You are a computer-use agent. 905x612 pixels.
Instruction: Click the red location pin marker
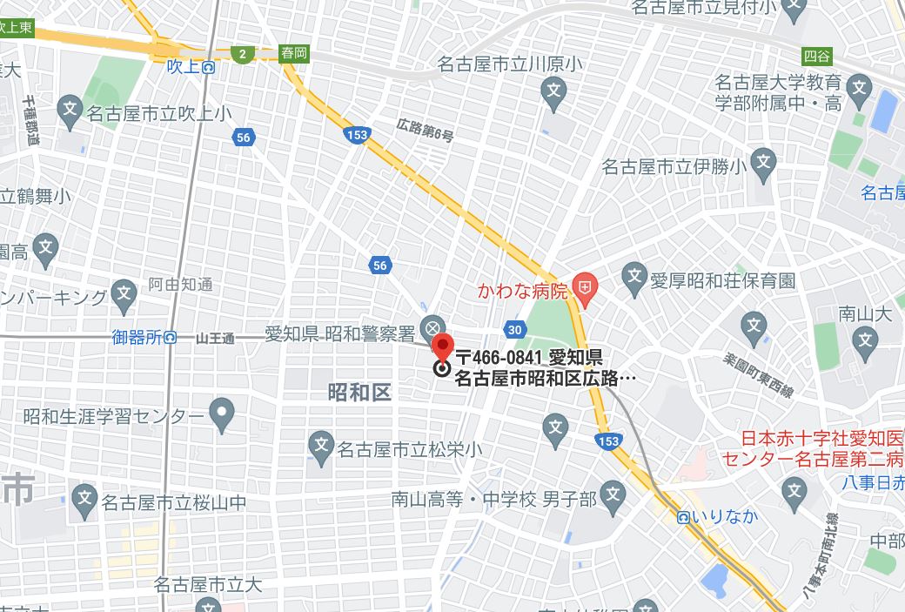click(x=443, y=346)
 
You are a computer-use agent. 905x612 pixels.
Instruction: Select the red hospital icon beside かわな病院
click(x=587, y=286)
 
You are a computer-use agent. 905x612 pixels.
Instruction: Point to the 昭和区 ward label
click(x=359, y=392)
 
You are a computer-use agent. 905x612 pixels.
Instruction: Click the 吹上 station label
click(x=184, y=66)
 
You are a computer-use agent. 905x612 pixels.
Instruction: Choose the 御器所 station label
click(x=138, y=337)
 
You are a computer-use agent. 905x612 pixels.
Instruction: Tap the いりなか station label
click(x=724, y=516)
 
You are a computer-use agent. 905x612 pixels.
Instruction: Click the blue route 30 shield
click(x=514, y=329)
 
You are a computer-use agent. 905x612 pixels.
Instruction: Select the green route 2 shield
click(x=244, y=54)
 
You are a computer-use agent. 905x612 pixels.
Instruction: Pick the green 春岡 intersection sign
click(x=294, y=53)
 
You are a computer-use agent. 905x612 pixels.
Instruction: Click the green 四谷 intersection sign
click(x=816, y=57)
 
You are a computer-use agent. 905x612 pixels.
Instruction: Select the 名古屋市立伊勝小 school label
click(x=674, y=166)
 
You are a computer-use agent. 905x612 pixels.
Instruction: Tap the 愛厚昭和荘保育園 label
click(x=723, y=280)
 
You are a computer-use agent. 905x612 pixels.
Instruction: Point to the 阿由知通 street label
click(x=180, y=284)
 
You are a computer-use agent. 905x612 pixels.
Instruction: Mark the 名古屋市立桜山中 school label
click(x=174, y=502)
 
